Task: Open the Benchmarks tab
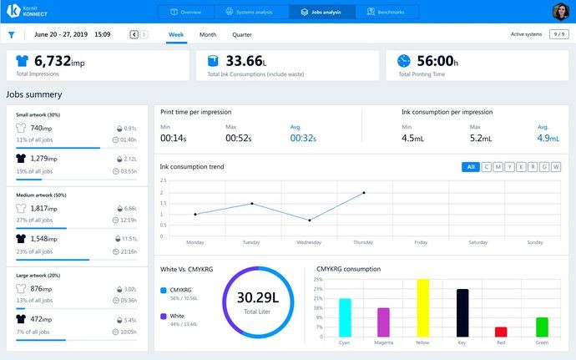click(x=385, y=12)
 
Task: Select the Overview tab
click(x=186, y=12)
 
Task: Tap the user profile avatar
click(x=560, y=12)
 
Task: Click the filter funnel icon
click(x=11, y=35)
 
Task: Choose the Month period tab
click(x=208, y=35)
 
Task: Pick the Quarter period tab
click(x=242, y=35)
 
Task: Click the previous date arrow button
click(x=134, y=35)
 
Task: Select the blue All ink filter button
click(x=471, y=167)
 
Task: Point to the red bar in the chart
click(x=501, y=331)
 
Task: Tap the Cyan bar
click(x=345, y=317)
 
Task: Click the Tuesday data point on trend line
click(x=252, y=203)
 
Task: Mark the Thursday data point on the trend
click(x=364, y=193)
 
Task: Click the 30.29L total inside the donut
click(x=257, y=297)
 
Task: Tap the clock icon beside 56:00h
click(x=404, y=61)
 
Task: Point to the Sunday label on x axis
click(x=534, y=242)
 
